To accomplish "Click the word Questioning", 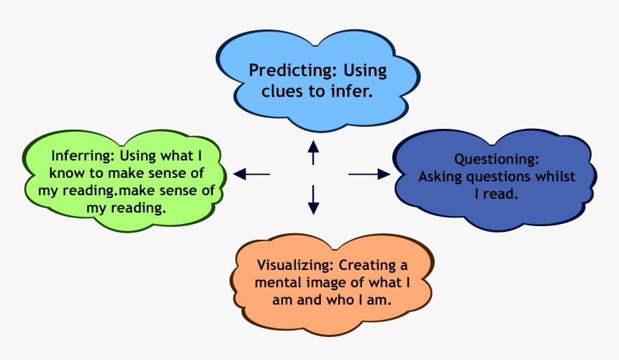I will (496, 158).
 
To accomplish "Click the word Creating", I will (371, 264).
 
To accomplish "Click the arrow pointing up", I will (313, 153).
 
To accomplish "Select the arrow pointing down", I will (313, 199).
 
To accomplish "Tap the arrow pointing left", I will (250, 174).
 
